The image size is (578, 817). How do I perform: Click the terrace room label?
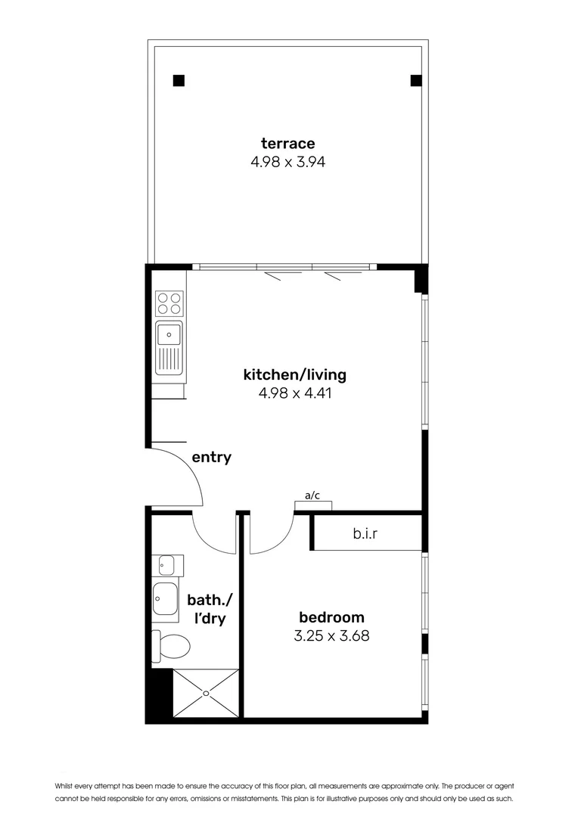(287, 143)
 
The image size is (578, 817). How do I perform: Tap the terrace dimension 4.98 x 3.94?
(287, 161)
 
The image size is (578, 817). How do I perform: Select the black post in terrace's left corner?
(179, 80)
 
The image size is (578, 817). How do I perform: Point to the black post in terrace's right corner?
(415, 80)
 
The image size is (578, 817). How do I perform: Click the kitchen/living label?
(294, 374)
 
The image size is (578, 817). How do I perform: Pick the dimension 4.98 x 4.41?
(294, 393)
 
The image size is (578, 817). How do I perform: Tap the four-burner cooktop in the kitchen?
(169, 303)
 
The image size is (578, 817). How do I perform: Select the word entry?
(211, 457)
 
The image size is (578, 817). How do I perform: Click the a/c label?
(312, 495)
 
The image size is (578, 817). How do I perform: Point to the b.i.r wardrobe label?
(365, 533)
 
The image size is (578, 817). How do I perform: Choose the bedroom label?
(331, 617)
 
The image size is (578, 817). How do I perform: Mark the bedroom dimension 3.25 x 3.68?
(331, 635)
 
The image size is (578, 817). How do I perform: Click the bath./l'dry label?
(210, 610)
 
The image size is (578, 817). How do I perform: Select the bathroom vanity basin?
(165, 599)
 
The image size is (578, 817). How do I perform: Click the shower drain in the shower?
(207, 691)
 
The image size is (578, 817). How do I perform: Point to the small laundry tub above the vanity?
(166, 564)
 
